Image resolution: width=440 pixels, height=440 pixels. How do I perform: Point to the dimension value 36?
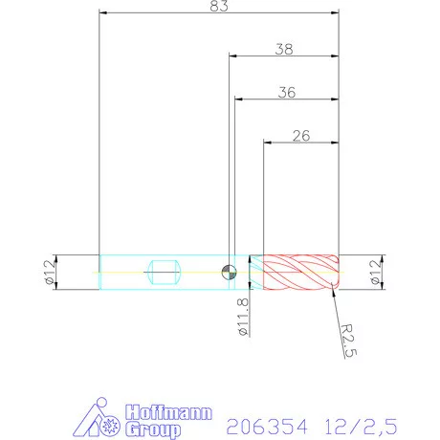[285, 92]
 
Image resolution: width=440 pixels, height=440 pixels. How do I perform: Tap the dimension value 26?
[300, 136]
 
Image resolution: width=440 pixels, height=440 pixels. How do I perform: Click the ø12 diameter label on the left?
[48, 272]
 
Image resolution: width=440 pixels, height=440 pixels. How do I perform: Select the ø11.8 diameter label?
[243, 316]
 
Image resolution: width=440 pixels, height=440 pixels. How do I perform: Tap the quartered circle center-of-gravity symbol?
[228, 272]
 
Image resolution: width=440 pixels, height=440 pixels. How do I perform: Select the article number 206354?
[266, 423]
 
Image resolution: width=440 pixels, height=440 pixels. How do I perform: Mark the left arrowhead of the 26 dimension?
[267, 143]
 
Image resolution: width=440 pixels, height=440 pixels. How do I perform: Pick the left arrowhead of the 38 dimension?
[231, 55]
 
